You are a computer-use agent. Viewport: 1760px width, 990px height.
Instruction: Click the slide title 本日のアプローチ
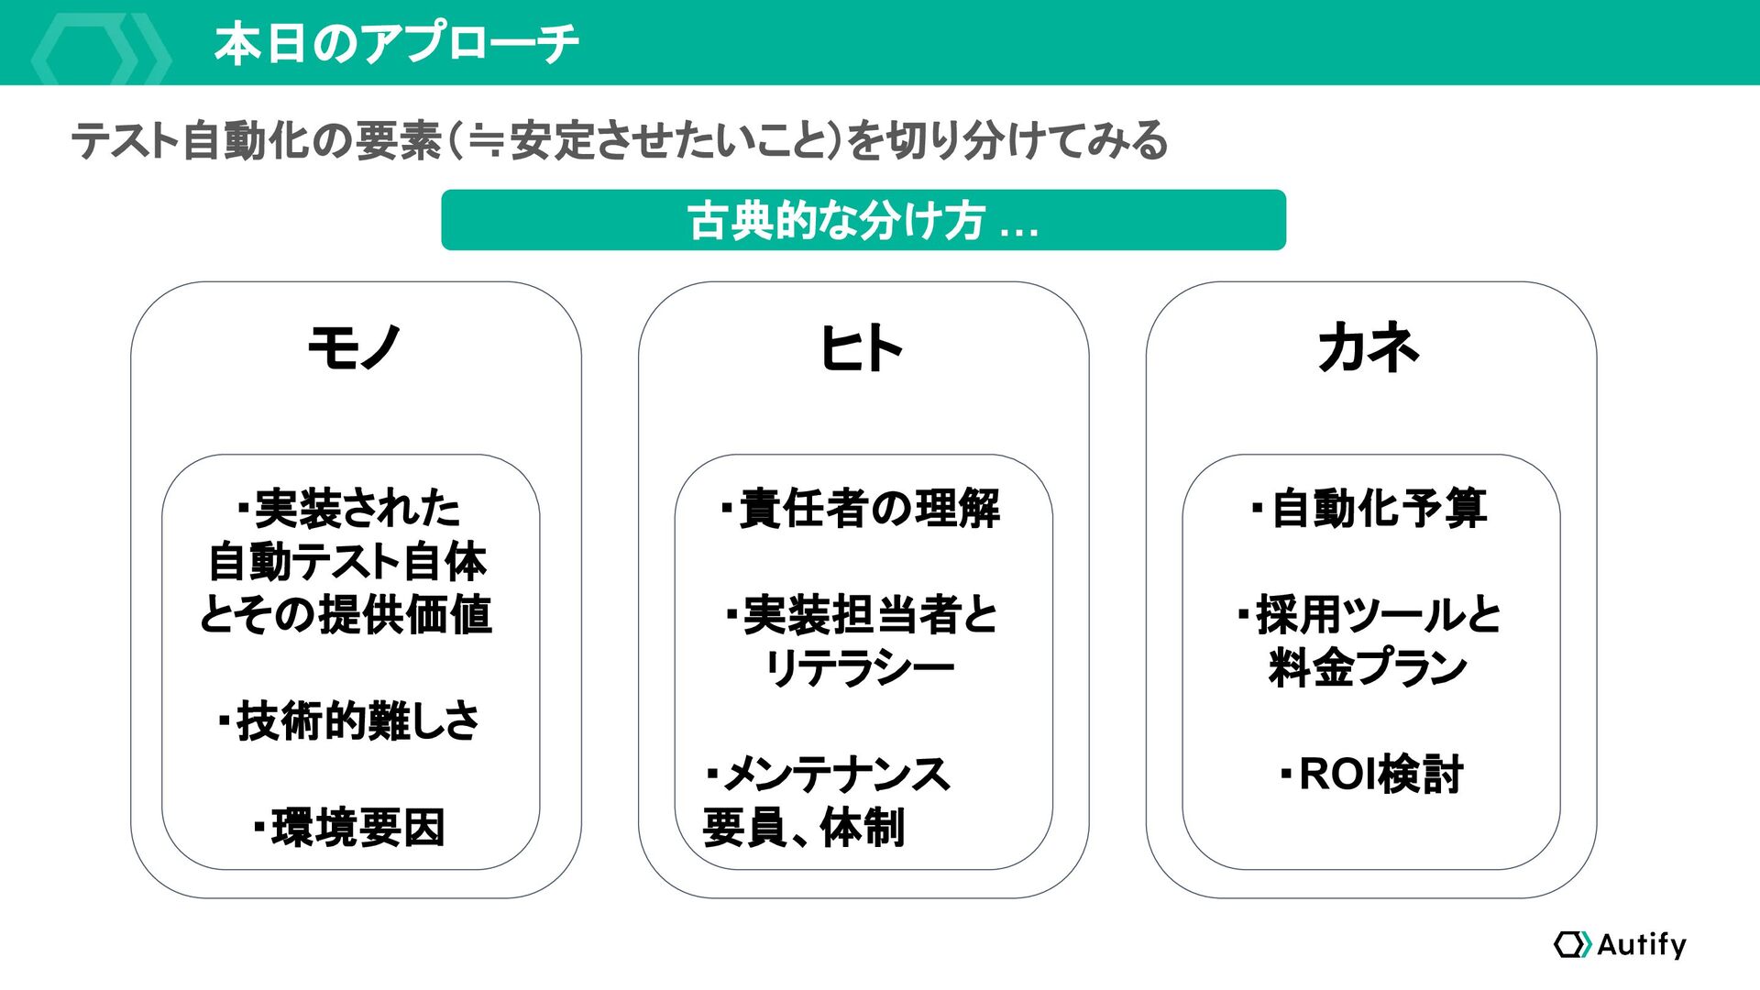pos(396,43)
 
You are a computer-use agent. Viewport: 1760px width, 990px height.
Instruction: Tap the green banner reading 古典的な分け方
pos(863,220)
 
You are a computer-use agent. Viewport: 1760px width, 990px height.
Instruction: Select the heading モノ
pos(355,347)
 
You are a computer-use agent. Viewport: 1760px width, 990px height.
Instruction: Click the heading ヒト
pos(862,348)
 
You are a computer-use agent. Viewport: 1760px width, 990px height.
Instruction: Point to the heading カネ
pos(1369,347)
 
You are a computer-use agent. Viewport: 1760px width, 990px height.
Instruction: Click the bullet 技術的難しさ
pos(349,720)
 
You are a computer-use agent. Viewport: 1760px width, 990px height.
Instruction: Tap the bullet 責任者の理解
pos(862,508)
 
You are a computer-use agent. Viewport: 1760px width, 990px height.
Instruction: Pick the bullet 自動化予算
pos(1369,508)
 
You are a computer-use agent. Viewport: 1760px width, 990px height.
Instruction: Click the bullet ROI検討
pos(1371,774)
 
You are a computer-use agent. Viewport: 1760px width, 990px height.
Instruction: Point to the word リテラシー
pos(860,667)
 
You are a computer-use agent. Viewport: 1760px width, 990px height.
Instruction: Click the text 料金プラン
pos(1368,667)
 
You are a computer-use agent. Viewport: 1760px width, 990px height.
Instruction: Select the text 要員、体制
pos(804,827)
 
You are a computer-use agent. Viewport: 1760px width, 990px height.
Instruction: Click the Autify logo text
pos(1641,944)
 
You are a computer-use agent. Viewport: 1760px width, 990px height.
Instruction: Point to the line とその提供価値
pos(346,614)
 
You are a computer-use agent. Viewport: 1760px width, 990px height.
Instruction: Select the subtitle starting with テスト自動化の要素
pos(620,140)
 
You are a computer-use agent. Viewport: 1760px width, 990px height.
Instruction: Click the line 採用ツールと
pos(1369,614)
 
